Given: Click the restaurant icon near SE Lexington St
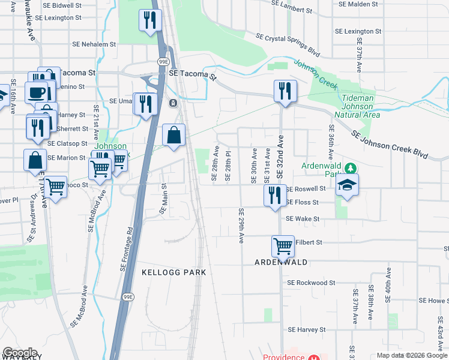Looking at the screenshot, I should (x=149, y=20).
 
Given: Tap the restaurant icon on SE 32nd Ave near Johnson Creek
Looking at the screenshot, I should (x=285, y=91).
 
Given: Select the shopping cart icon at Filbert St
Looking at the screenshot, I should (x=283, y=245).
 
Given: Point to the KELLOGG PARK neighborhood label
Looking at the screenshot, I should (x=173, y=272).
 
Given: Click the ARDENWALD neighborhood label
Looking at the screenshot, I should (x=281, y=263).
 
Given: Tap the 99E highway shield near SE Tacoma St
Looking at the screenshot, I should (x=163, y=62).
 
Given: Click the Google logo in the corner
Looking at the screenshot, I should (x=19, y=353).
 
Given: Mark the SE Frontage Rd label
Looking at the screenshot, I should (x=127, y=249).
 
